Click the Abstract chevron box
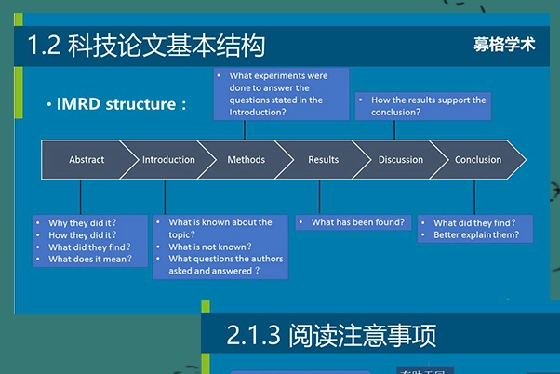(x=86, y=160)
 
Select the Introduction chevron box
(x=168, y=160)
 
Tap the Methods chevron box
(x=246, y=160)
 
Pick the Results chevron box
(x=323, y=160)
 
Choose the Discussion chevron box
(x=401, y=160)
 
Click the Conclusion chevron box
(x=478, y=160)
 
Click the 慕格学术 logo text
(x=503, y=45)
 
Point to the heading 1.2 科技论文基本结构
(x=146, y=46)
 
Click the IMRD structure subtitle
(x=116, y=104)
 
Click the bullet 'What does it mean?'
(x=89, y=260)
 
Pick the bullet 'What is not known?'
(x=209, y=247)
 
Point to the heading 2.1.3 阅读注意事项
(x=330, y=335)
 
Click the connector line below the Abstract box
(x=81, y=197)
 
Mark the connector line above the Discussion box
(x=398, y=130)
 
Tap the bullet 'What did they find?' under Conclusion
(x=474, y=223)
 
